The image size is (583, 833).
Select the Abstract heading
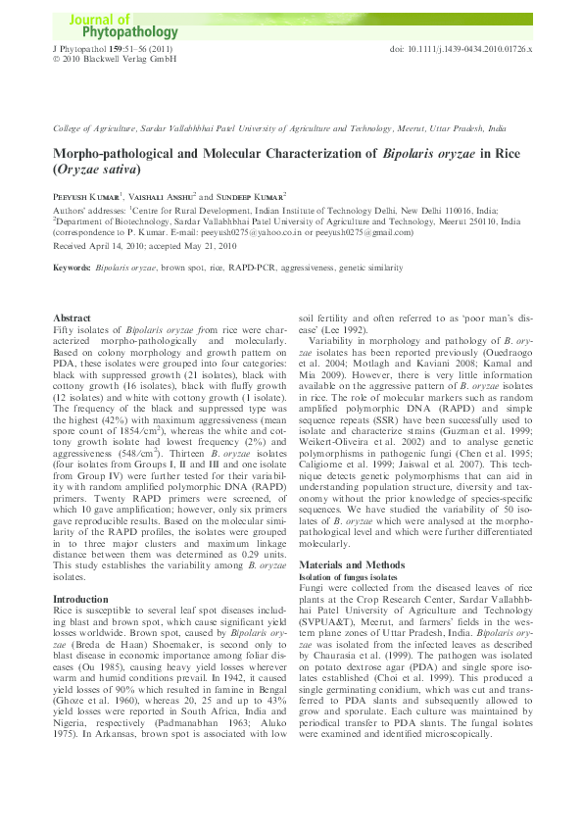click(72, 319)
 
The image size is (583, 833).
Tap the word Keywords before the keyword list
click(72, 267)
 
